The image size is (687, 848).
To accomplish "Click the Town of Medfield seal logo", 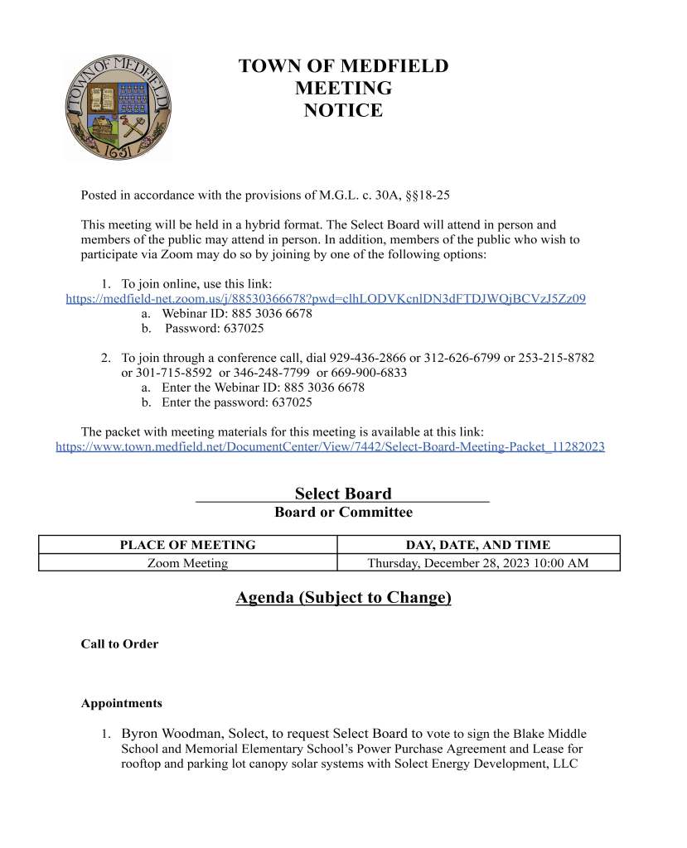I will (119, 108).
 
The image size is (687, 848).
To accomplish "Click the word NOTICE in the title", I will (343, 110).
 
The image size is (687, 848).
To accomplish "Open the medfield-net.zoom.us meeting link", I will (326, 299).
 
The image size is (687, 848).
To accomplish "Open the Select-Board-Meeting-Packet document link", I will (330, 446).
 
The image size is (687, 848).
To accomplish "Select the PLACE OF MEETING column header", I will (188, 545).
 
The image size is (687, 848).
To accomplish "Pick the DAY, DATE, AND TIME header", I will (478, 545).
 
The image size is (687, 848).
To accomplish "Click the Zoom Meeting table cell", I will (188, 563).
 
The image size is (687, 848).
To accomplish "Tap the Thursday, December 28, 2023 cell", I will (478, 563).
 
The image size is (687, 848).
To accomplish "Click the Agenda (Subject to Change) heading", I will (343, 597).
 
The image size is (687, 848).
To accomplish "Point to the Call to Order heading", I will (119, 643).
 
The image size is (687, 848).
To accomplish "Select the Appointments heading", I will (121, 703).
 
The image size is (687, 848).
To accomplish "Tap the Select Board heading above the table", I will (343, 494).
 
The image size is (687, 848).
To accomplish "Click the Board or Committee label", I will (343, 513).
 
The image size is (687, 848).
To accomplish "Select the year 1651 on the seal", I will (119, 152).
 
